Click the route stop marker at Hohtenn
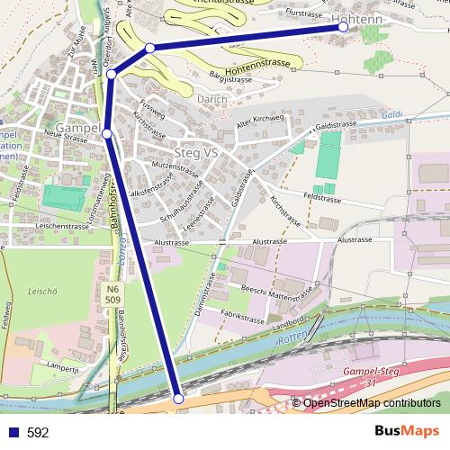pyautogui.click(x=343, y=27)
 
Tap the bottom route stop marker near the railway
pyautogui.click(x=178, y=398)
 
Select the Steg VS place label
pyautogui.click(x=197, y=153)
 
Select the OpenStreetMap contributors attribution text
pyautogui.click(x=372, y=404)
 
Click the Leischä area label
pyautogui.click(x=42, y=292)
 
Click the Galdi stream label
pyautogui.click(x=391, y=115)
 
